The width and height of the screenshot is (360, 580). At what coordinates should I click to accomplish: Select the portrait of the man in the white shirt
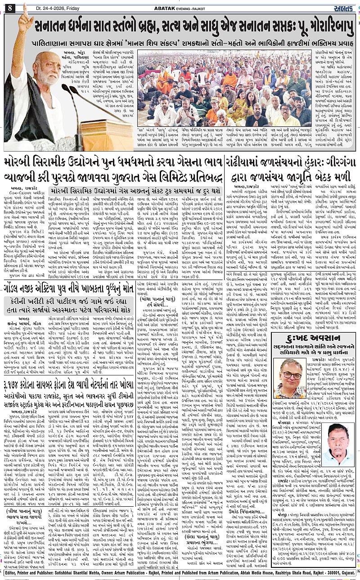[336, 445]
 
